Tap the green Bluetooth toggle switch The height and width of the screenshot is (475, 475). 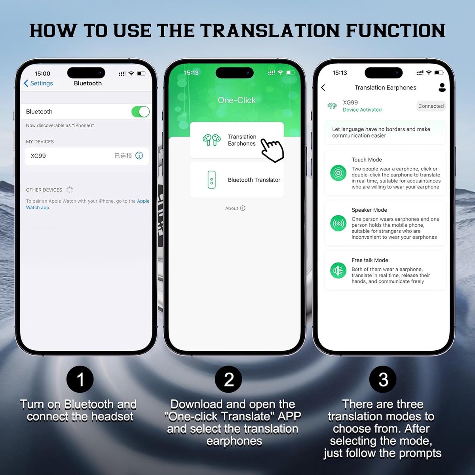pos(141,112)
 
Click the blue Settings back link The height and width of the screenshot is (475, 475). pos(38,83)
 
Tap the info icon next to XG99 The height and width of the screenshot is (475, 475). pos(139,156)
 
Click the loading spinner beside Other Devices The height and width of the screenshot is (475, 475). pos(70,190)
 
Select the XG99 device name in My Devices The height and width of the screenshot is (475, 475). pos(38,156)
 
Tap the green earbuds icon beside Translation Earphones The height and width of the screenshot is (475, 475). pos(211,140)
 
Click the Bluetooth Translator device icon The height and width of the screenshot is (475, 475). pos(211,180)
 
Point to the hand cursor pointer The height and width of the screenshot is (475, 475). pos(272,150)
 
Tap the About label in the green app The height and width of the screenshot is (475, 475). pos(232,208)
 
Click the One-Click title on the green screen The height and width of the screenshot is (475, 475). pos(237,100)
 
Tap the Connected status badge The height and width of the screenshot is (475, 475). pos(431,106)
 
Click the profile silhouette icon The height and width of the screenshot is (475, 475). pos(442,87)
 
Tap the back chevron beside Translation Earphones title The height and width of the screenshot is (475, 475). pos(323,87)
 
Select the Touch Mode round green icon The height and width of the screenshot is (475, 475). pos(338,173)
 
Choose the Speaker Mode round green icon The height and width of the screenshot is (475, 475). pos(338,223)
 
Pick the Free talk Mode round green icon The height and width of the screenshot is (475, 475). pos(338,270)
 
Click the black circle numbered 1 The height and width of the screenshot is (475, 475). pos(80,379)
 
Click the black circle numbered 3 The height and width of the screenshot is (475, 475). pos(383,379)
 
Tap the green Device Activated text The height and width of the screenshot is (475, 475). pos(362,110)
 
